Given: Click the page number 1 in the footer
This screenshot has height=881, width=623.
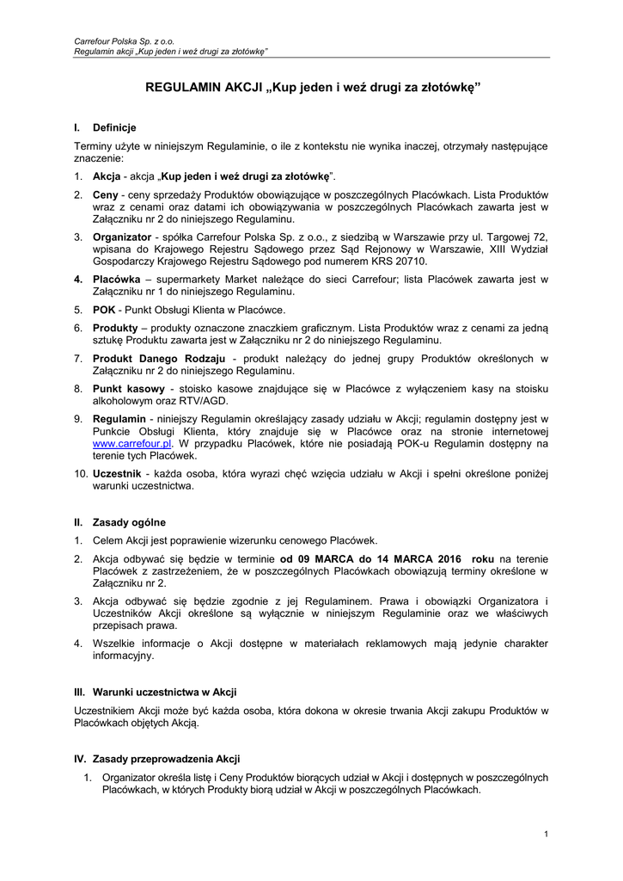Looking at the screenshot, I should point(547,834).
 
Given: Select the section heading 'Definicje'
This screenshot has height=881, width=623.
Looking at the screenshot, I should point(114,127).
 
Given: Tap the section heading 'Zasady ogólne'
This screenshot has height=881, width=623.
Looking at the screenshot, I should point(129,522).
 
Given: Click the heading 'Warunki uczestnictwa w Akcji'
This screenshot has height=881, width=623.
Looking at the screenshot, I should point(164,692).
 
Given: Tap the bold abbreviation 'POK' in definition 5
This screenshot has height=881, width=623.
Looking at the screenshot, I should point(104,310).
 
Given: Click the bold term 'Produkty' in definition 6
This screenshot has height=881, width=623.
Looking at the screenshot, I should point(115,328).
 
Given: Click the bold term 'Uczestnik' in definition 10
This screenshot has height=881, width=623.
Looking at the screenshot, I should point(117,473).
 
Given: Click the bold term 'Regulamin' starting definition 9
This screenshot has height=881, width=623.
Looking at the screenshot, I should point(119,418).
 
